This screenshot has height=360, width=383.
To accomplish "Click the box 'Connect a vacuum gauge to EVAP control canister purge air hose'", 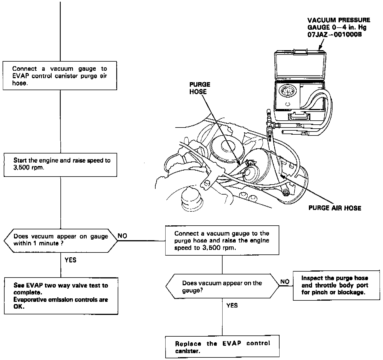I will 60,76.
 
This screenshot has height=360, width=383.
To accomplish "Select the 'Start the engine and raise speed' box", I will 60,165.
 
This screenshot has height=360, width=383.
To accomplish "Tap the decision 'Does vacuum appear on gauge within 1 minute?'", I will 60,240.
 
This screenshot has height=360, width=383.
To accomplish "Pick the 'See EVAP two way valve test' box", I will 61,296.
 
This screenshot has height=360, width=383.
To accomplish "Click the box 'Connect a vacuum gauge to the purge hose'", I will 222,240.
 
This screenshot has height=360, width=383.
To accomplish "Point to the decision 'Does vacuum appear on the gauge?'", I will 222,286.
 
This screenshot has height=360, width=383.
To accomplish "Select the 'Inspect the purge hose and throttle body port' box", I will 336,285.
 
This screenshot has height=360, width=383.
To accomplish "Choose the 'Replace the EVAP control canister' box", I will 222,347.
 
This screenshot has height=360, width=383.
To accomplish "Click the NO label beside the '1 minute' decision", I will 123,236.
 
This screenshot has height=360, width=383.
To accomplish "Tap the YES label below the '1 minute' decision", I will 70,260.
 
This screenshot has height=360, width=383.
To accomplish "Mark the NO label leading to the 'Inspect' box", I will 285,282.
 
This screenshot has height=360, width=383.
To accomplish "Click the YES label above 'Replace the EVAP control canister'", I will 232,306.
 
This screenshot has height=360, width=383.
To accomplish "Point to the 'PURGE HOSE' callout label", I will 200,88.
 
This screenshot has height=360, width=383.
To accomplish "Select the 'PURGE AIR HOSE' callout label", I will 335,208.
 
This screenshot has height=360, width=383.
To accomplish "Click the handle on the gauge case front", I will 299,117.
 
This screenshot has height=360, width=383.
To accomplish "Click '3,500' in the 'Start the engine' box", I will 22,167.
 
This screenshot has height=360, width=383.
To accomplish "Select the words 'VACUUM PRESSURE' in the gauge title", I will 339,20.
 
